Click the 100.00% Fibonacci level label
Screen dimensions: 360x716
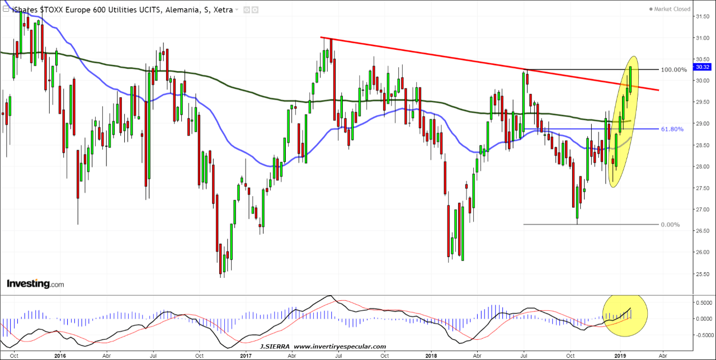[x=673, y=70]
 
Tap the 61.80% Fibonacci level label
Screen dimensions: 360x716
[x=672, y=129]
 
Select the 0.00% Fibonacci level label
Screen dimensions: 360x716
[x=670, y=225]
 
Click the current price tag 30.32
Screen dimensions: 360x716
[x=701, y=67]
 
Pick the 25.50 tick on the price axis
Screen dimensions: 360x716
[x=702, y=274]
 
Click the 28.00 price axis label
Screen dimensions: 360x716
[x=702, y=167]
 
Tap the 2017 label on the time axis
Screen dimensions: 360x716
[x=246, y=355]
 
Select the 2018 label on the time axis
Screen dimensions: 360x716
[x=431, y=355]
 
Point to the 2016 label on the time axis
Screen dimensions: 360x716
[x=60, y=355]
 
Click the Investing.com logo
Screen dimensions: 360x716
[x=35, y=284]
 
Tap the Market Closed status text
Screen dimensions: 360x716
[x=672, y=9]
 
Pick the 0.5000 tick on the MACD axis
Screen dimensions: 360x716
[x=703, y=302]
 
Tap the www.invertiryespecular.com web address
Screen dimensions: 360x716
[x=340, y=347]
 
